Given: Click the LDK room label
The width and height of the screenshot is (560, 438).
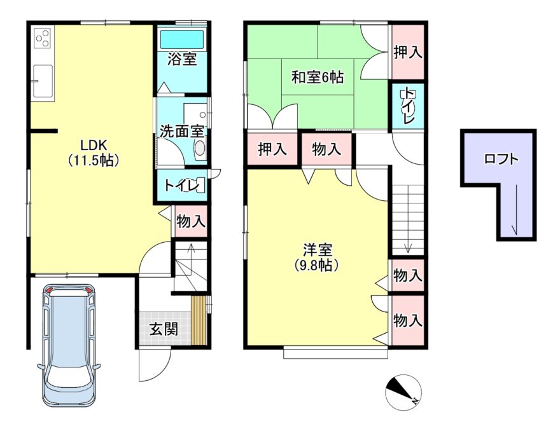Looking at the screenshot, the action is pyautogui.click(x=93, y=145).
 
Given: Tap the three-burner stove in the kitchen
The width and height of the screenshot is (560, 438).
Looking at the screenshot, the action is pyautogui.click(x=43, y=38).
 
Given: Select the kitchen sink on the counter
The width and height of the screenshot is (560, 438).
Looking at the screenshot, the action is pyautogui.click(x=43, y=81).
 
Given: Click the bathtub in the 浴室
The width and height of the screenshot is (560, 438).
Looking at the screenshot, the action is pyautogui.click(x=182, y=39).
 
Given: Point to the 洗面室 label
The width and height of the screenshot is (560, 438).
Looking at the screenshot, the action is pyautogui.click(x=182, y=131).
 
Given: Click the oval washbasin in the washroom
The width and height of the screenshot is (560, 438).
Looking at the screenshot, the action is pyautogui.click(x=200, y=148).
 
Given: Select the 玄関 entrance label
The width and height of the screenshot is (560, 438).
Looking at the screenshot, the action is pyautogui.click(x=164, y=329).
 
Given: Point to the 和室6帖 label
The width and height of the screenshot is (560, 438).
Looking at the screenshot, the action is pyautogui.click(x=318, y=77).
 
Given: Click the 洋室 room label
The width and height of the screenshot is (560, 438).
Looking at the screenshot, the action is pyautogui.click(x=318, y=250).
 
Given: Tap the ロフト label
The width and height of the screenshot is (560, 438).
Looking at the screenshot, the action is pyautogui.click(x=501, y=159).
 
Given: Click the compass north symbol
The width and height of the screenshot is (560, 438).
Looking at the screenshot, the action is pyautogui.click(x=403, y=392).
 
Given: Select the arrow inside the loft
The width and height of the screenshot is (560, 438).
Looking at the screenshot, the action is pyautogui.click(x=515, y=210).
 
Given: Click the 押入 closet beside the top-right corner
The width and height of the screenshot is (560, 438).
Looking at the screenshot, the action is pyautogui.click(x=408, y=52).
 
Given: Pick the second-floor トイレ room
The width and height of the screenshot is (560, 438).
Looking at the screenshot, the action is pyautogui.click(x=408, y=106).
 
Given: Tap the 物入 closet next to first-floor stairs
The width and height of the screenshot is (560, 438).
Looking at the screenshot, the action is pyautogui.click(x=191, y=221).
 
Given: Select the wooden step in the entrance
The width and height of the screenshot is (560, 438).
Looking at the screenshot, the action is pyautogui.click(x=199, y=320).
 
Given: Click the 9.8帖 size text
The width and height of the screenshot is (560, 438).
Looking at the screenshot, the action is pyautogui.click(x=317, y=265).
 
